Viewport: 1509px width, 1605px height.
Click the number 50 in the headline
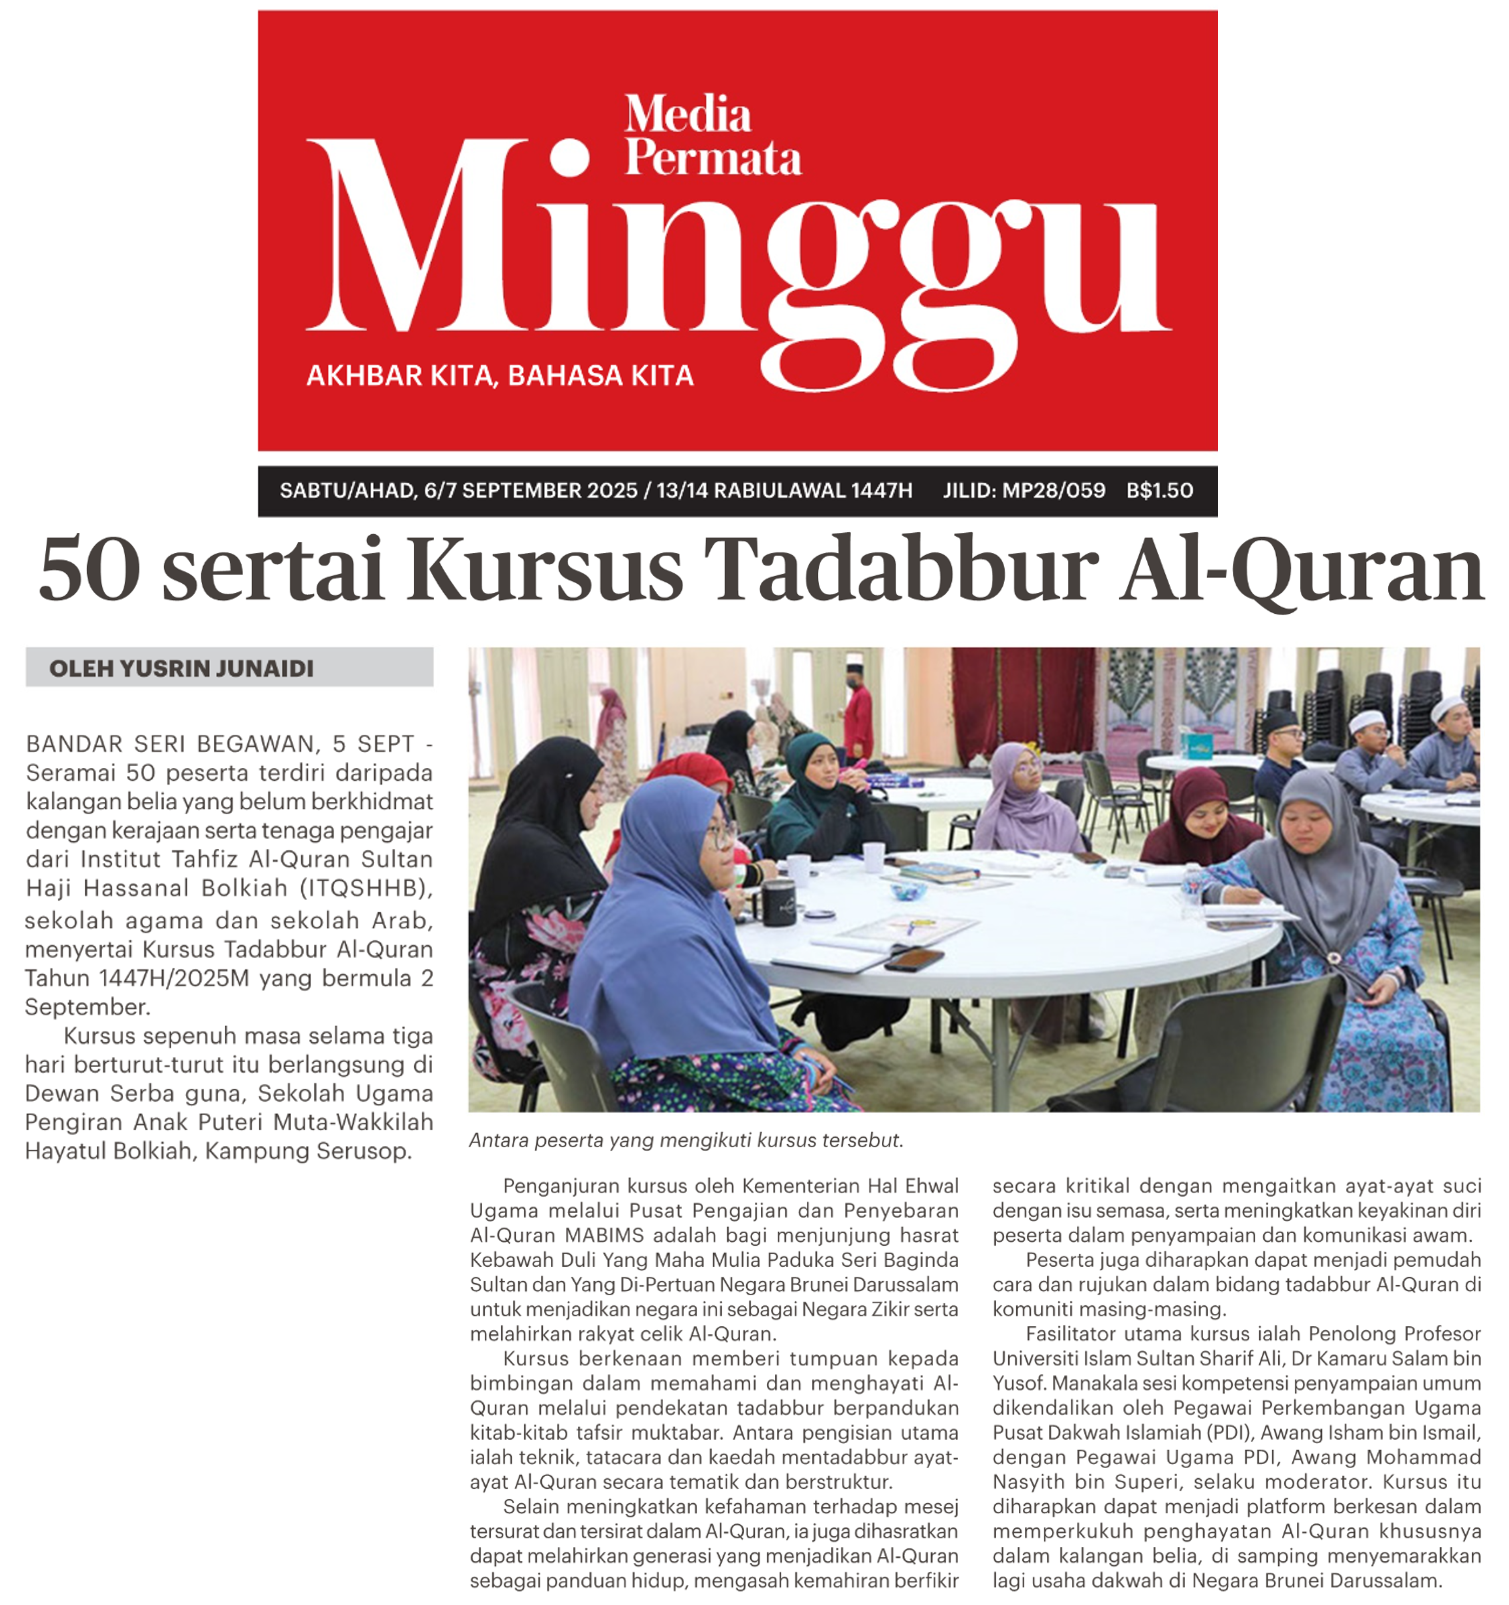tap(89, 569)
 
